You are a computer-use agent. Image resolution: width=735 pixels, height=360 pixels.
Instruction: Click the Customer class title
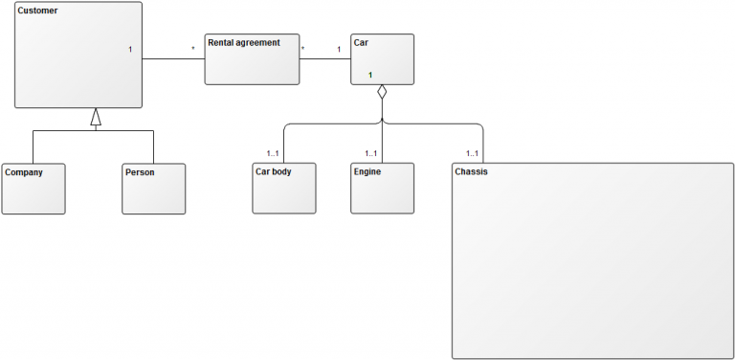pos(38,11)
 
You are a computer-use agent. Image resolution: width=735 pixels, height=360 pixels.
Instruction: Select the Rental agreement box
pos(252,59)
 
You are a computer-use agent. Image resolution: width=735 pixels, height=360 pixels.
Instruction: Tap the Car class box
pos(383,58)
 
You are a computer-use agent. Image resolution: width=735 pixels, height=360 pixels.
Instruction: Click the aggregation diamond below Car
pos(382,93)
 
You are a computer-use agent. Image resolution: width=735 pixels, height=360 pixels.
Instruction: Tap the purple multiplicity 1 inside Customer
pos(130,49)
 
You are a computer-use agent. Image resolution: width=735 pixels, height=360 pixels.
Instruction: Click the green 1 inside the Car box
pos(370,75)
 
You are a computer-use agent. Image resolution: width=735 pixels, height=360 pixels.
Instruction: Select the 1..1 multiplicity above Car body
pos(274,153)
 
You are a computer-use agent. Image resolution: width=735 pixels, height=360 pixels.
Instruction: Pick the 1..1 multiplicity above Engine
pos(371,153)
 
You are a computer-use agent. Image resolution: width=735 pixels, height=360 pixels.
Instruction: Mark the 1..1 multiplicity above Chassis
pos(472,153)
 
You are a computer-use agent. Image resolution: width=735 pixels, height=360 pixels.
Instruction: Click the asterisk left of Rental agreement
pos(193,49)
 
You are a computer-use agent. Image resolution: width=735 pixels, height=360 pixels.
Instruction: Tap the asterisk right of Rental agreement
pos(303,49)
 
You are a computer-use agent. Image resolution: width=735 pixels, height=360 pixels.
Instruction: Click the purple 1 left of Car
pos(338,49)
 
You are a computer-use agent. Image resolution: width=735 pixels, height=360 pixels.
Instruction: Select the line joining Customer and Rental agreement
pos(173,59)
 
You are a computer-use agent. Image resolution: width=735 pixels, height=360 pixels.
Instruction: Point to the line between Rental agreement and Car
pos(325,59)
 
